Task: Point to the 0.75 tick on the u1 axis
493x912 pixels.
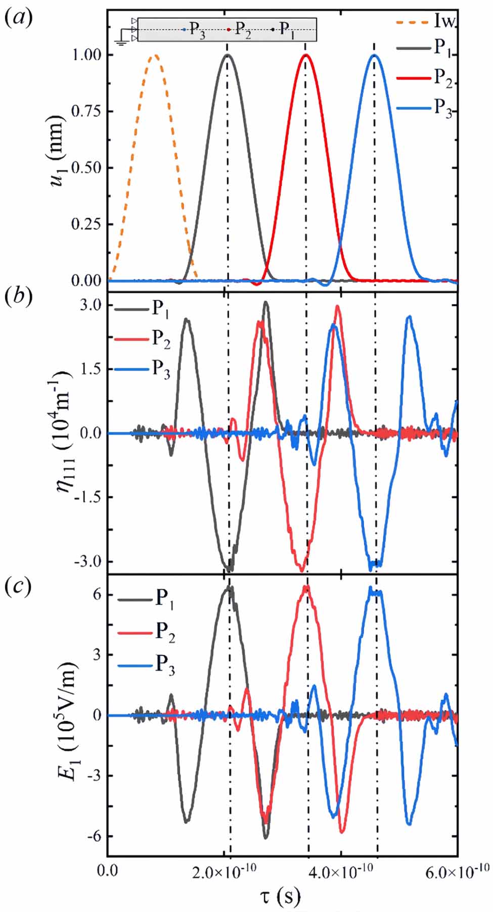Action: pos(87,111)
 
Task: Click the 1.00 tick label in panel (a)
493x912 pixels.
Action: pos(87,55)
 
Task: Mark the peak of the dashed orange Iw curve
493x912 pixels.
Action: pos(155,55)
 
